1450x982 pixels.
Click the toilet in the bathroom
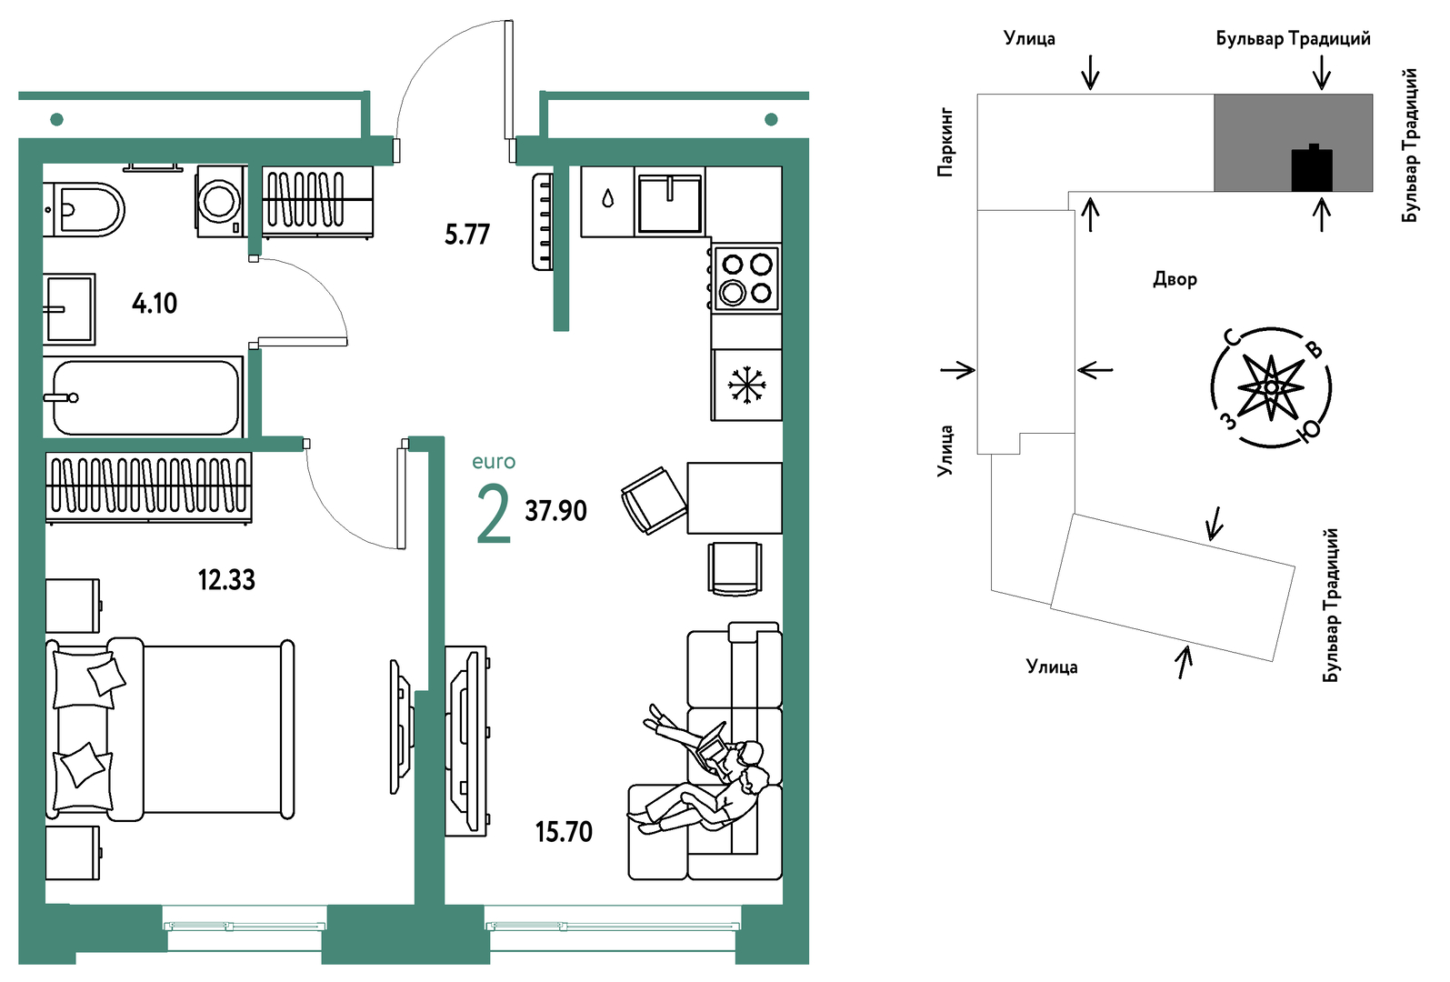[85, 209]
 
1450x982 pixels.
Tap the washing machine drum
[219, 202]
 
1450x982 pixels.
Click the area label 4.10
[154, 303]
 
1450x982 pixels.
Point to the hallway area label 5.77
[466, 235]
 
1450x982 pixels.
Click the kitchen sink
[670, 202]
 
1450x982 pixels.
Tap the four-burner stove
[745, 279]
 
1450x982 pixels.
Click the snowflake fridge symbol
[746, 385]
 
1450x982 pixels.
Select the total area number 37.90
[555, 511]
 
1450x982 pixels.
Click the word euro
[494, 462]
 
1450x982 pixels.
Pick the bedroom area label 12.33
[226, 580]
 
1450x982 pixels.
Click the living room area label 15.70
[564, 832]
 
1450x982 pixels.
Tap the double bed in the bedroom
[170, 729]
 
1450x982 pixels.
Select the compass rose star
[1271, 387]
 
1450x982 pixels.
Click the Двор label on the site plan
[1175, 279]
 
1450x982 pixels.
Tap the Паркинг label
[945, 143]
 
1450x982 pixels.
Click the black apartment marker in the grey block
[1312, 168]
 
